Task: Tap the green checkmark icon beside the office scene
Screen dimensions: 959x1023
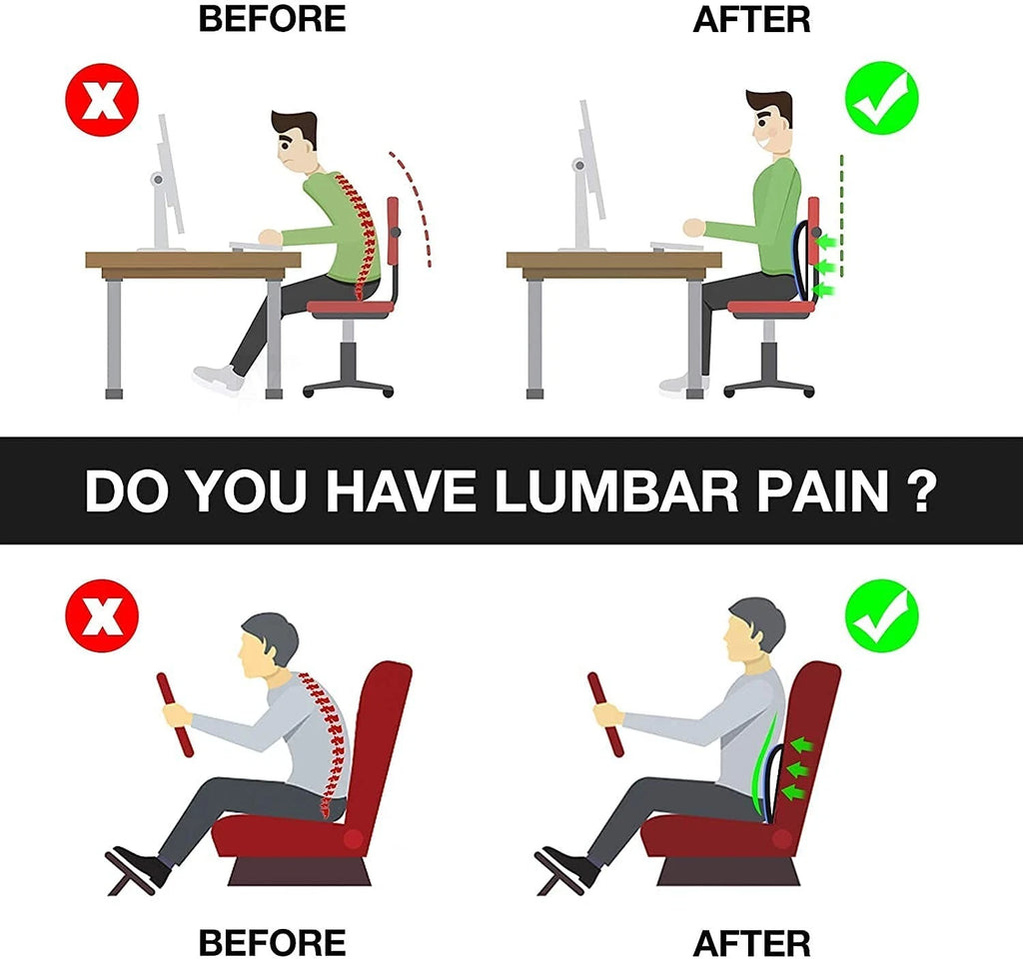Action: coord(881,99)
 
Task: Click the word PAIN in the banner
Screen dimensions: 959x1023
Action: coord(816,491)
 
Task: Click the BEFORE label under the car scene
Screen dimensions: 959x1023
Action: coord(271,942)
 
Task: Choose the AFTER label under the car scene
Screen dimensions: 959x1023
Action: coord(751,942)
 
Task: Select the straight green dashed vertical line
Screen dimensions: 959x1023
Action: coord(842,215)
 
